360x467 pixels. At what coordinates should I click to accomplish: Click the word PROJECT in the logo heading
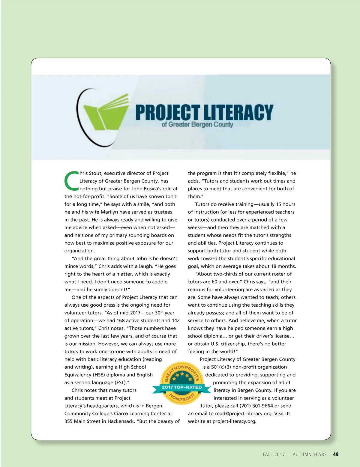coord(167,112)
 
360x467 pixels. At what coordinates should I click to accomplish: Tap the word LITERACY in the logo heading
coord(238,112)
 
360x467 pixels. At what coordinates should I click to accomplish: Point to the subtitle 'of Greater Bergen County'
coord(197,124)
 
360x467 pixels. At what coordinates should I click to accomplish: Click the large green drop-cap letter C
coord(71,181)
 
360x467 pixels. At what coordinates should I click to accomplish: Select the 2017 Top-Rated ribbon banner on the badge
coord(182,387)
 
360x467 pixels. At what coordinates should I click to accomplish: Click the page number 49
coord(336,454)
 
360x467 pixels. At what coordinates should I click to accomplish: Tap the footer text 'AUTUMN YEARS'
coord(310,454)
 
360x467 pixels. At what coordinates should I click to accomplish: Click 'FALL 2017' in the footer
coord(274,454)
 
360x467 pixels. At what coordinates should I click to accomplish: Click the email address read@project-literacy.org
coord(244,414)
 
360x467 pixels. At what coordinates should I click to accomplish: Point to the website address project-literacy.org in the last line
coord(234,421)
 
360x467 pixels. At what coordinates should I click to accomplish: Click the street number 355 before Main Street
coord(68,421)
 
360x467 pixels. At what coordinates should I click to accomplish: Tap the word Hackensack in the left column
coord(121,421)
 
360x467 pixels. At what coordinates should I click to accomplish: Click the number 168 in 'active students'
coord(121,320)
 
